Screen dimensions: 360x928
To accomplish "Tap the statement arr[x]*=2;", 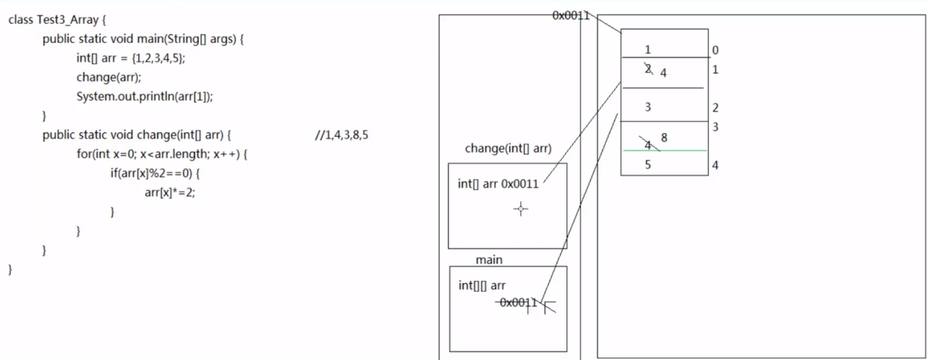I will click(x=170, y=192).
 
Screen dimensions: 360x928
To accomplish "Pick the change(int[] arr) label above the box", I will click(x=508, y=149).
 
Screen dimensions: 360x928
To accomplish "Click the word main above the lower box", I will click(x=489, y=260).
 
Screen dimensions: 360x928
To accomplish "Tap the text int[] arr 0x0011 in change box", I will click(x=499, y=184).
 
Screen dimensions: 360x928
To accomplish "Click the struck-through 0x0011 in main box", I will click(x=518, y=302).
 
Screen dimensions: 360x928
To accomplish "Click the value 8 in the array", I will click(x=665, y=137).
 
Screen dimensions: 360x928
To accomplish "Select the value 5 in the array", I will click(x=648, y=164).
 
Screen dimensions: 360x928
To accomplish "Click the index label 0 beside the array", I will click(x=715, y=50).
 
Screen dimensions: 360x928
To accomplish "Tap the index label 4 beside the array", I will click(x=715, y=165).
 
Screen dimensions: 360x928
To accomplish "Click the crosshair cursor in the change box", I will click(x=521, y=208).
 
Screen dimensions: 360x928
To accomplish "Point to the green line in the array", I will click(x=665, y=151).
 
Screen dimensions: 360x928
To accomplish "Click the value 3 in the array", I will click(x=648, y=107).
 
